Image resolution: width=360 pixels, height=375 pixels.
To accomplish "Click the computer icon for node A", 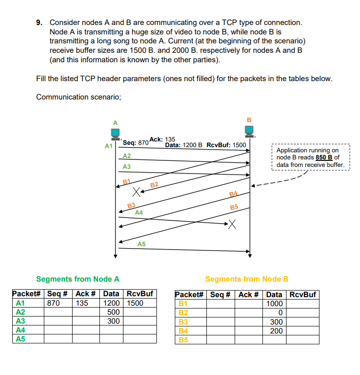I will click(115, 133).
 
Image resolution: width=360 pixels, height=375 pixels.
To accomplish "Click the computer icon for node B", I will click(250, 130).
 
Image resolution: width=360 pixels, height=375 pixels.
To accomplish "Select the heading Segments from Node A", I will click(78, 279).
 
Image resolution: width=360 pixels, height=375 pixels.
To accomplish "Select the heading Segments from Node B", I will click(246, 279).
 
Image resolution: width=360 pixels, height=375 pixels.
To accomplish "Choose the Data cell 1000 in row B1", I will click(274, 304).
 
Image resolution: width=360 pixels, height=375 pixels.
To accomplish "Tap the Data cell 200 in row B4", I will click(276, 331).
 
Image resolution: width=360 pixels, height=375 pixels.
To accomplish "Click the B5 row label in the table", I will click(182, 340).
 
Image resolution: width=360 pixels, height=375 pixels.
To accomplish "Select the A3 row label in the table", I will click(20, 321).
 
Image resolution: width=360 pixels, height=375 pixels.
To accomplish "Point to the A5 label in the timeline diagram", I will click(141, 244).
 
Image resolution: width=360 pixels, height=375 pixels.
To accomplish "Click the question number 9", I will click(39, 23).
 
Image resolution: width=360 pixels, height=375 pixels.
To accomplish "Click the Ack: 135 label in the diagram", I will click(162, 139).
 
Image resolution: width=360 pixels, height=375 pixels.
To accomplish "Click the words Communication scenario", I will click(79, 97).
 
